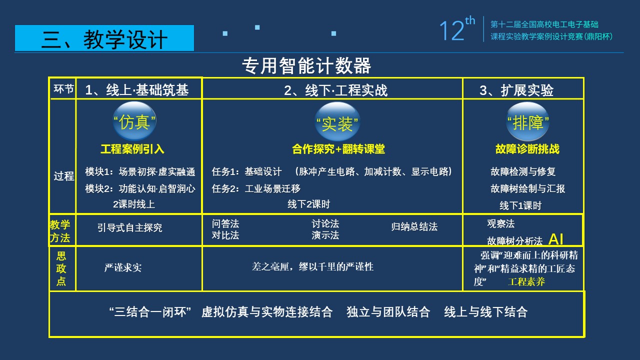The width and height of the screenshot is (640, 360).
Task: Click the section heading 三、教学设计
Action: point(104,39)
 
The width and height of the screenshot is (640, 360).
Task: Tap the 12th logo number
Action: point(457,29)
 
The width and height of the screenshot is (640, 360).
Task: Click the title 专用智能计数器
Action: point(306,65)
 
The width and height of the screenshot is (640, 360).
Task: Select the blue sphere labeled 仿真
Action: point(134,121)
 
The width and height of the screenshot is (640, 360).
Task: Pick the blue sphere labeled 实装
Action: point(337,121)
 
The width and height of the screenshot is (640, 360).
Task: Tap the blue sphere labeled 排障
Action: point(527,121)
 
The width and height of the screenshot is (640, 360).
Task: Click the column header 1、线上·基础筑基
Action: point(137,90)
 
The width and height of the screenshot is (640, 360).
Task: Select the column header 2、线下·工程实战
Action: point(335,90)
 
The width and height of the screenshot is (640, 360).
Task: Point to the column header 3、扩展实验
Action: point(516,90)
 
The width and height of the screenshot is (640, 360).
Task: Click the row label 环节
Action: point(63,89)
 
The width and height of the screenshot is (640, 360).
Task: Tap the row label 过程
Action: point(64,176)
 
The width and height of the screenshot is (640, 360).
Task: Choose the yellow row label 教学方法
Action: point(60,231)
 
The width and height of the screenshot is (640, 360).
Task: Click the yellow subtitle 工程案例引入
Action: point(132,149)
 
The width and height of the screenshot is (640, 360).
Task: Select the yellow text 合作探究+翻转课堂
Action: point(338,149)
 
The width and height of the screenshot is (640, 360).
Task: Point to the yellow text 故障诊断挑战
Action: point(527,149)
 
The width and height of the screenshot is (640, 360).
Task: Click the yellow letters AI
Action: point(556,239)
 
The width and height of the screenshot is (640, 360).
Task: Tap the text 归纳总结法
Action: point(414,227)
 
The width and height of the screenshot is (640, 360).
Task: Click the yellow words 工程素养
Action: point(526,282)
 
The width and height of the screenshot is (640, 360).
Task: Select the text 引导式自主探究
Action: point(129,227)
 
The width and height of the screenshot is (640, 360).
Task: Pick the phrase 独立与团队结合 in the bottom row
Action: point(388,311)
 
